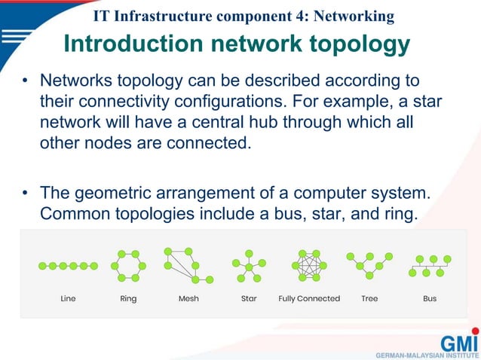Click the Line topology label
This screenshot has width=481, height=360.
(x=68, y=298)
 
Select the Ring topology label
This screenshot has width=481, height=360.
(x=128, y=298)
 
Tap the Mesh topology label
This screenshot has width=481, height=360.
(x=188, y=298)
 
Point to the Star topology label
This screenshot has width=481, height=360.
(x=249, y=298)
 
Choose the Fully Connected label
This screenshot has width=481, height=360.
(x=309, y=298)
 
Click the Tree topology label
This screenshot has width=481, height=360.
(x=369, y=298)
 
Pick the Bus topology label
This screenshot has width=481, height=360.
(x=430, y=298)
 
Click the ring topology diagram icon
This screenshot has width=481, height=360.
(x=128, y=266)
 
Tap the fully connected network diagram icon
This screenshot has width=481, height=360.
(x=309, y=265)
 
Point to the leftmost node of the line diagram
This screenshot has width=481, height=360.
(x=42, y=266)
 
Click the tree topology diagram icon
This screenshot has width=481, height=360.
(x=369, y=264)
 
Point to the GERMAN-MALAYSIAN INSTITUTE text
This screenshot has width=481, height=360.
(x=427, y=354)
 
